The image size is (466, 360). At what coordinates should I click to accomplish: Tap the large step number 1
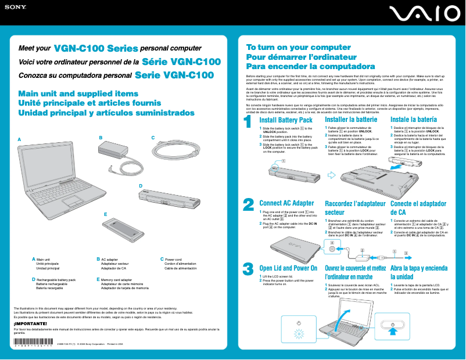[x=248, y=123]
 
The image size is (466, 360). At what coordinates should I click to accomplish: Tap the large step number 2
[x=248, y=205]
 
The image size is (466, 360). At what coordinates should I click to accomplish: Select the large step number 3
[x=248, y=269]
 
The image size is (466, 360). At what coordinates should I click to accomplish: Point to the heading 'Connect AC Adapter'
[x=286, y=203]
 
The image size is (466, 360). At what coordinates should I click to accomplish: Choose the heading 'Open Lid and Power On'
[x=288, y=268]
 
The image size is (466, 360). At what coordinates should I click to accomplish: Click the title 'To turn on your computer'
[x=290, y=47]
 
